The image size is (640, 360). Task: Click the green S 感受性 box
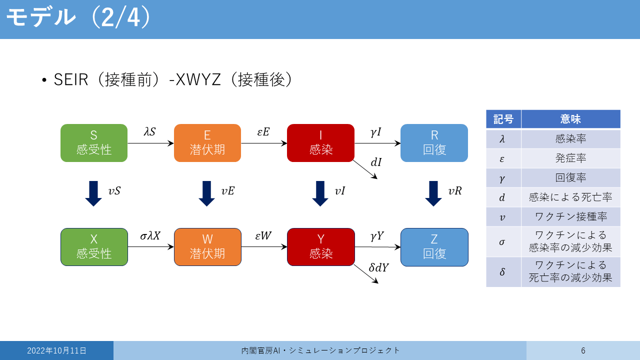(94, 143)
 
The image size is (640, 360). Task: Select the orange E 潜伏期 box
(207, 143)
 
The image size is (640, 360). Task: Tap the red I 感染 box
(320, 143)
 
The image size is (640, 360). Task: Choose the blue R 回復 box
(434, 143)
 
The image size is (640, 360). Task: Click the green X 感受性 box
(94, 247)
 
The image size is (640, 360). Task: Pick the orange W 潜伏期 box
(207, 247)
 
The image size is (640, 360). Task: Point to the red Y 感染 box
(321, 247)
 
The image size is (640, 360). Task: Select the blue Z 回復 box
(434, 247)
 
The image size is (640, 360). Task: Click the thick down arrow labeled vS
(93, 193)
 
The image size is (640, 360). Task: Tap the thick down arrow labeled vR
(433, 193)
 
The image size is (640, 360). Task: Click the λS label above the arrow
(149, 131)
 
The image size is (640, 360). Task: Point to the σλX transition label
(150, 236)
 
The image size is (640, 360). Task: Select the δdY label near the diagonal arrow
(378, 267)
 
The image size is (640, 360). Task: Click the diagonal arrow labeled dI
(365, 169)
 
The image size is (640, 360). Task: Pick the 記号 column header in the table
(503, 119)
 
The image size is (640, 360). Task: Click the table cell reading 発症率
(570, 158)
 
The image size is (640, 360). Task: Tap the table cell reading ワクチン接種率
(570, 216)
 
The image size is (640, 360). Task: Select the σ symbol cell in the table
(502, 242)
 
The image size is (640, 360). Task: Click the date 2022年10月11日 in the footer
(56, 350)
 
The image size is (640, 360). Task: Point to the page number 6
(583, 350)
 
